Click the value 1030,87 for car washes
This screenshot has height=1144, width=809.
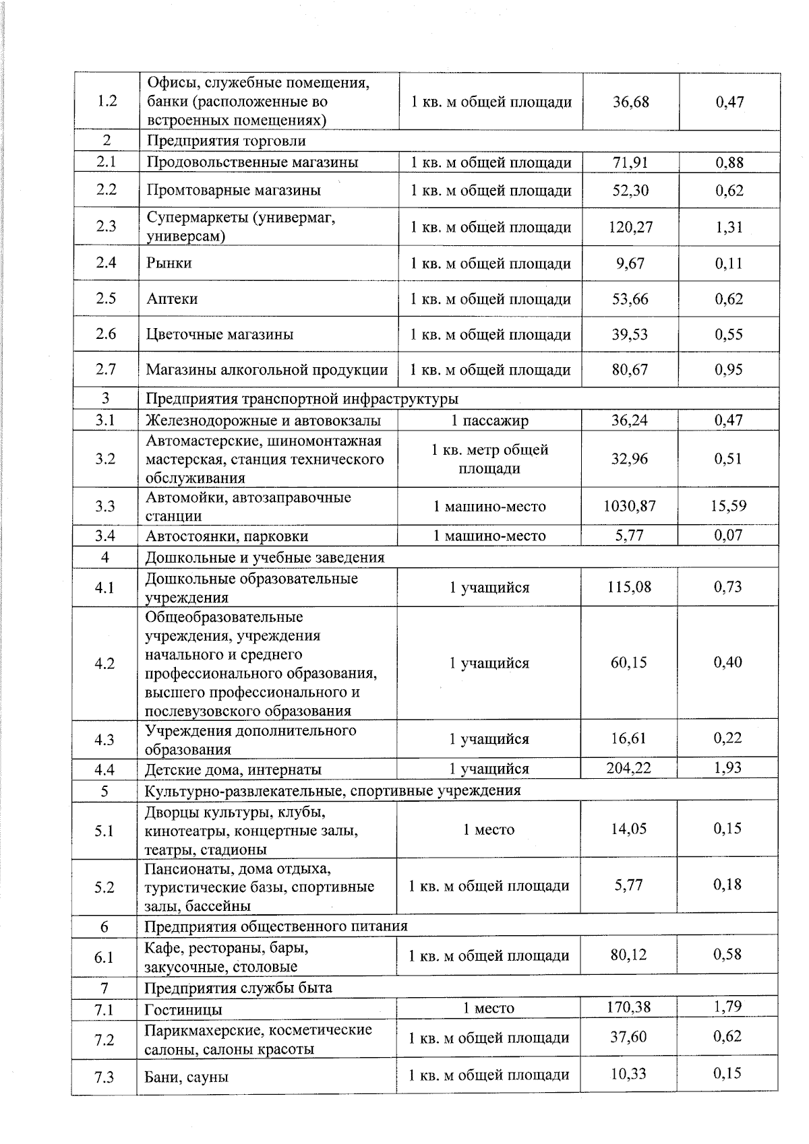630,505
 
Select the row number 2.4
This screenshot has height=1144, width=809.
106,263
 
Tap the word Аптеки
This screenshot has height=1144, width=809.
172,299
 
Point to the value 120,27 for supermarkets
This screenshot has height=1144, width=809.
630,227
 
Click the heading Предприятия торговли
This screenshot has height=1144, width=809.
226,141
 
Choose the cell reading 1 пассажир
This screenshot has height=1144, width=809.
489,421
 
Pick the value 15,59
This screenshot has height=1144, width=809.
728,505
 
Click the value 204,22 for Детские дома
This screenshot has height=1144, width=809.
628,767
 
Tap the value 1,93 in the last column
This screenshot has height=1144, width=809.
727,767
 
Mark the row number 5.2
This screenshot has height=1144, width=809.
104,887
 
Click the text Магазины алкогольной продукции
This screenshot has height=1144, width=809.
267,370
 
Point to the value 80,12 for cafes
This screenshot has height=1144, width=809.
628,955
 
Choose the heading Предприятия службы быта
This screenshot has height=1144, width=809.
238,988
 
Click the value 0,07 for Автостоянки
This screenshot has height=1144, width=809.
728,536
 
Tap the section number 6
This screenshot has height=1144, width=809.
104,926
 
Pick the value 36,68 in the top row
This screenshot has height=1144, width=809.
630,102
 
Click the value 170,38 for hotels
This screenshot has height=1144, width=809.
628,1007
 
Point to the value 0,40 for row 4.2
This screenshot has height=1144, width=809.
727,662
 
